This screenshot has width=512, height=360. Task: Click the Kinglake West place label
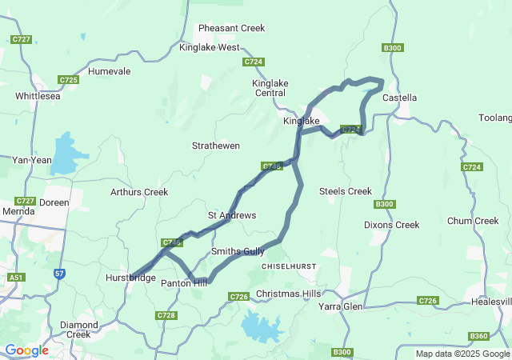coord(209,47)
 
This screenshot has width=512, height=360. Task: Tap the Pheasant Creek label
coord(231,28)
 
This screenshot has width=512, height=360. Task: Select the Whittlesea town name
coord(38,96)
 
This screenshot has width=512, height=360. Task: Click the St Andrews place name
coord(232,215)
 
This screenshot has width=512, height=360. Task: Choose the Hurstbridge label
coord(130,278)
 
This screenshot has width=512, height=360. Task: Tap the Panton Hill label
coord(184,283)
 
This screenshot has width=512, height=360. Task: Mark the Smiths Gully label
coord(238,251)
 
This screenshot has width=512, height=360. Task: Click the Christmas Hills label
coord(288,294)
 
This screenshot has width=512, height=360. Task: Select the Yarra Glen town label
coord(341,306)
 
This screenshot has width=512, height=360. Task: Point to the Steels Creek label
coord(346,191)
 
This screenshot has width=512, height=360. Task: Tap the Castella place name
coord(400,98)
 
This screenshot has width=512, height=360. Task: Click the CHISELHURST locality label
coord(290,266)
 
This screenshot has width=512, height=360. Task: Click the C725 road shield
coord(68,80)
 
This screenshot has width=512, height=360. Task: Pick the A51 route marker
coord(15,277)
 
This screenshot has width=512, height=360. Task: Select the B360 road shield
coord(479,336)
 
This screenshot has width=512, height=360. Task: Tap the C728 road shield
coord(166,316)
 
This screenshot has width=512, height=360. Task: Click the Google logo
coord(26,350)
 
